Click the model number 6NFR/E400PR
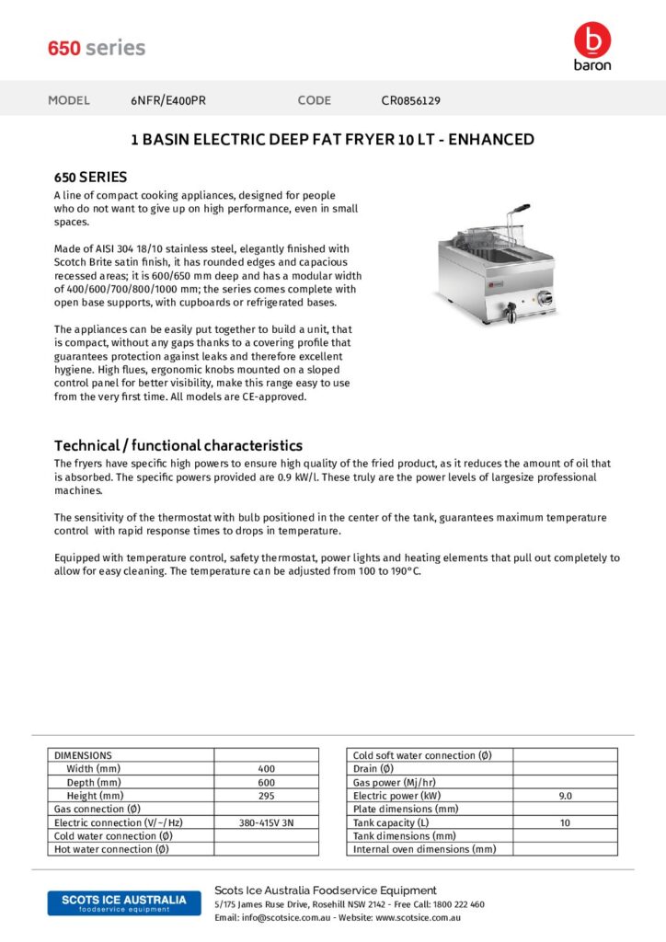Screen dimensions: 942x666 point(168,100)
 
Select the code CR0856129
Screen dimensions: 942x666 point(417,100)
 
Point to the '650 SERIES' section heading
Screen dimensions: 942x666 point(90,177)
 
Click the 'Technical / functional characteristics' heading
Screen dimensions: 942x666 point(178,445)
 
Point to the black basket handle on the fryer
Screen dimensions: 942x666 point(520,209)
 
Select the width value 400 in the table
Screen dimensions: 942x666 point(266,769)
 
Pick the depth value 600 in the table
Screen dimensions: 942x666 point(266,782)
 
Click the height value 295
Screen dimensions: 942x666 point(266,796)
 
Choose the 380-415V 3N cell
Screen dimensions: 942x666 point(266,822)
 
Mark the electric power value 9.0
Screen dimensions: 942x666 point(565,796)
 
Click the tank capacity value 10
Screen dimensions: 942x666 point(565,822)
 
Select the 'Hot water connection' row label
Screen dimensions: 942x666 point(112,849)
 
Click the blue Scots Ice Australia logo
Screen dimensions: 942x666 point(123,902)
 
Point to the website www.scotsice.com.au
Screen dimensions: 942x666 point(418,918)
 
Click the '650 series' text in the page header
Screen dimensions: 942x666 point(97,48)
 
